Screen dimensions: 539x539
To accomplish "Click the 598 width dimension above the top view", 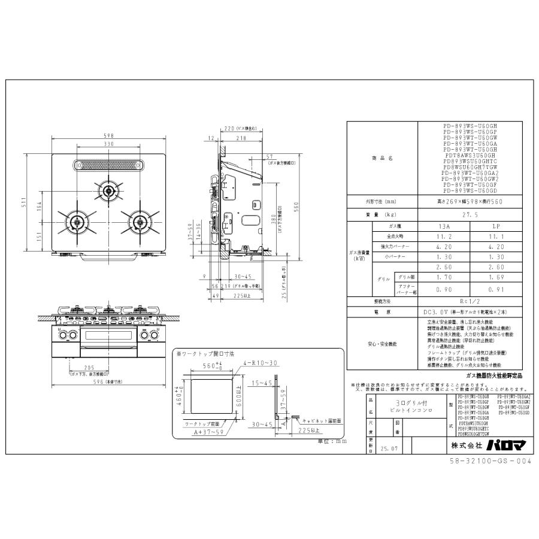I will (x=109, y=135).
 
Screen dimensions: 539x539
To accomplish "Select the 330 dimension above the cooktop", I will (x=109, y=144).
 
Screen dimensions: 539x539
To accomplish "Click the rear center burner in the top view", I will (x=109, y=191).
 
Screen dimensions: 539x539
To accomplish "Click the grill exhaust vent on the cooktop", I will (x=109, y=164).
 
